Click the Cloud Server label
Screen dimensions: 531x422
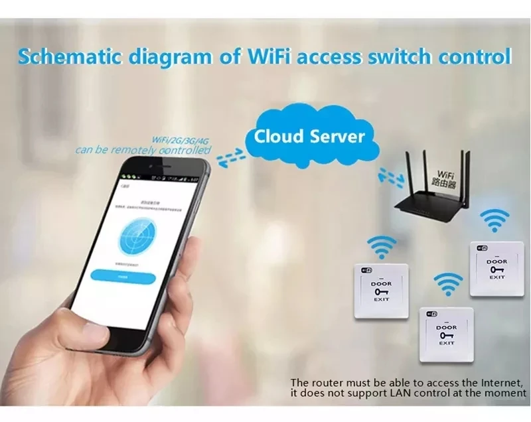309,137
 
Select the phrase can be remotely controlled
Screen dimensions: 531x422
142,150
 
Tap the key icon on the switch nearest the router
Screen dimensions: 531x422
496,269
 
